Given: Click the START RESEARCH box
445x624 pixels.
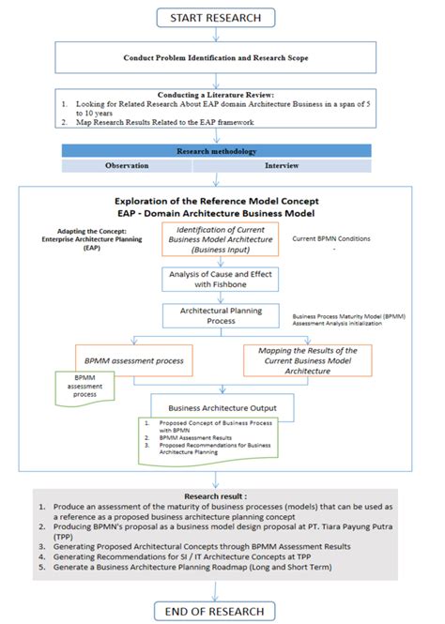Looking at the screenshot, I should (x=222, y=18).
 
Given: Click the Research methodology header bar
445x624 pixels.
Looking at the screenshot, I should (x=222, y=150).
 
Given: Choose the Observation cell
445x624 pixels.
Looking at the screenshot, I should (x=128, y=165).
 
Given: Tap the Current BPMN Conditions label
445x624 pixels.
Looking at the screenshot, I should (x=331, y=239).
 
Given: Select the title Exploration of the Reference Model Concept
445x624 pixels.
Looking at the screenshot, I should (x=223, y=200).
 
